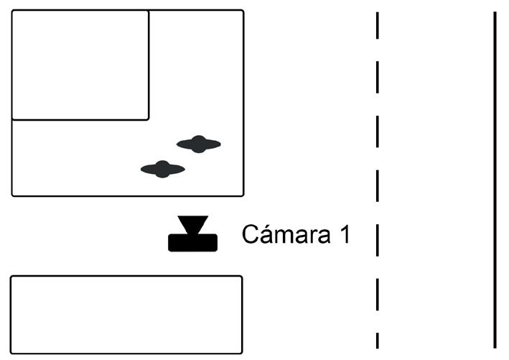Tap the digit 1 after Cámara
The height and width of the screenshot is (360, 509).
343,234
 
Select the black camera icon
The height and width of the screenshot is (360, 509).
192,234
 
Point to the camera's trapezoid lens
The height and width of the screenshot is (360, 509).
192,224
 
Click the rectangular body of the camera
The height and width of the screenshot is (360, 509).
192,243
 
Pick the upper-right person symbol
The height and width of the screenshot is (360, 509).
199,144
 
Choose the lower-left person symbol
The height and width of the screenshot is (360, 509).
163,169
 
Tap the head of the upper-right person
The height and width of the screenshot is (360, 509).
199,143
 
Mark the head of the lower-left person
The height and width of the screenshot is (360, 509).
163,169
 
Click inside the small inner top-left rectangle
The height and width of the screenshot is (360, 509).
80,65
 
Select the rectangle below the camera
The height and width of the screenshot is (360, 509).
126,314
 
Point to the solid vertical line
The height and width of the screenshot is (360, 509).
495,180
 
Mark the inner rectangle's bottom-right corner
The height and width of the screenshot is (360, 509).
148,119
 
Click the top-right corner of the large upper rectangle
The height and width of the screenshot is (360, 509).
243,11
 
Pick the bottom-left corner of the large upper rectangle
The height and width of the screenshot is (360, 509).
13,195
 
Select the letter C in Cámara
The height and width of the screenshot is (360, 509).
250,234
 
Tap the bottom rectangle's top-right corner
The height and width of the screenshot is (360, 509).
241,277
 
